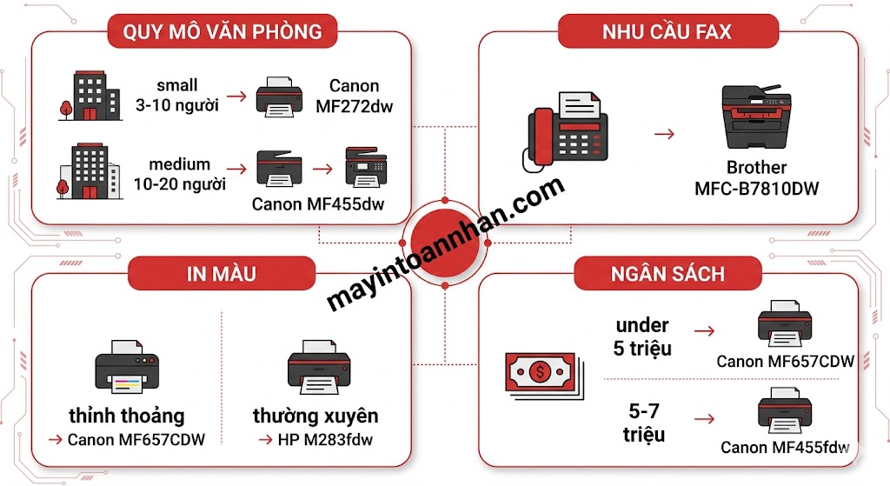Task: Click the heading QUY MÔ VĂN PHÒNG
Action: coord(222,33)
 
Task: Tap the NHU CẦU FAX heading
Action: coord(667,33)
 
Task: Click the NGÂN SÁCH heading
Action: coord(667,274)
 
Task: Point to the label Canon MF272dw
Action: coord(354,95)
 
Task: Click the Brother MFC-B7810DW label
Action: coord(756,177)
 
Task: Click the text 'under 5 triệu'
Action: coord(641,336)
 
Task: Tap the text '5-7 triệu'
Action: coord(643,421)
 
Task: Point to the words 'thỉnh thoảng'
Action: coord(127,415)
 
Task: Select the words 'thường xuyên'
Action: coord(315,415)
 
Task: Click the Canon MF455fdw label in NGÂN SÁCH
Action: coord(785,448)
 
